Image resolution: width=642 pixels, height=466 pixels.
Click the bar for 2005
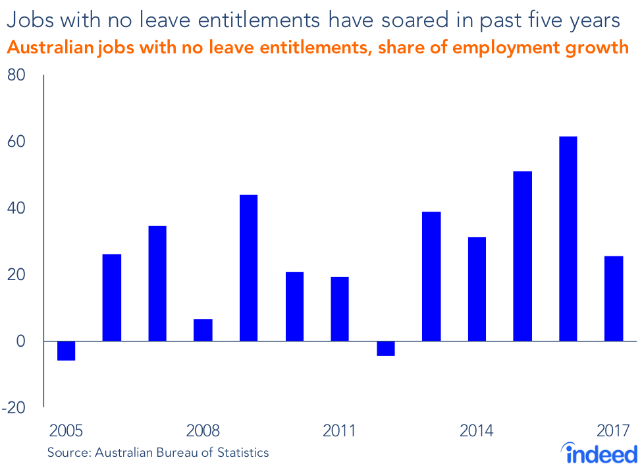[x=66, y=351]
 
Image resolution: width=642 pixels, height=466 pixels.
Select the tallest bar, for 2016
[x=568, y=239]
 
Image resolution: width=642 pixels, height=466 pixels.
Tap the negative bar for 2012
[x=386, y=348]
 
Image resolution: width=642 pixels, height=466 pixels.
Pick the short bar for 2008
[x=203, y=330]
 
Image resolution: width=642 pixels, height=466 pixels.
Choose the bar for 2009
[x=248, y=268]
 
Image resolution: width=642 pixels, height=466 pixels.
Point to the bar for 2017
[x=614, y=299]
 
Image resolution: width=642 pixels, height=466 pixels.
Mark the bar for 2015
[x=523, y=256]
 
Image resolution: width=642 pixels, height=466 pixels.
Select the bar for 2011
[x=340, y=308]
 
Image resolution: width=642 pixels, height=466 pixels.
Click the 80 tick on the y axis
[x=16, y=76]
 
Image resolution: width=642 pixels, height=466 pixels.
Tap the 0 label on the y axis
[x=20, y=341]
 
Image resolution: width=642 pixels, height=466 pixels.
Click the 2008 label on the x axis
[x=203, y=432]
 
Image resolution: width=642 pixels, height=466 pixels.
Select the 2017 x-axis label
[x=614, y=432]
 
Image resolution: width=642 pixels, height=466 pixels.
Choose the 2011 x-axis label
[x=340, y=432]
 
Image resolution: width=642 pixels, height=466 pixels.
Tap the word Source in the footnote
[x=69, y=453]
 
